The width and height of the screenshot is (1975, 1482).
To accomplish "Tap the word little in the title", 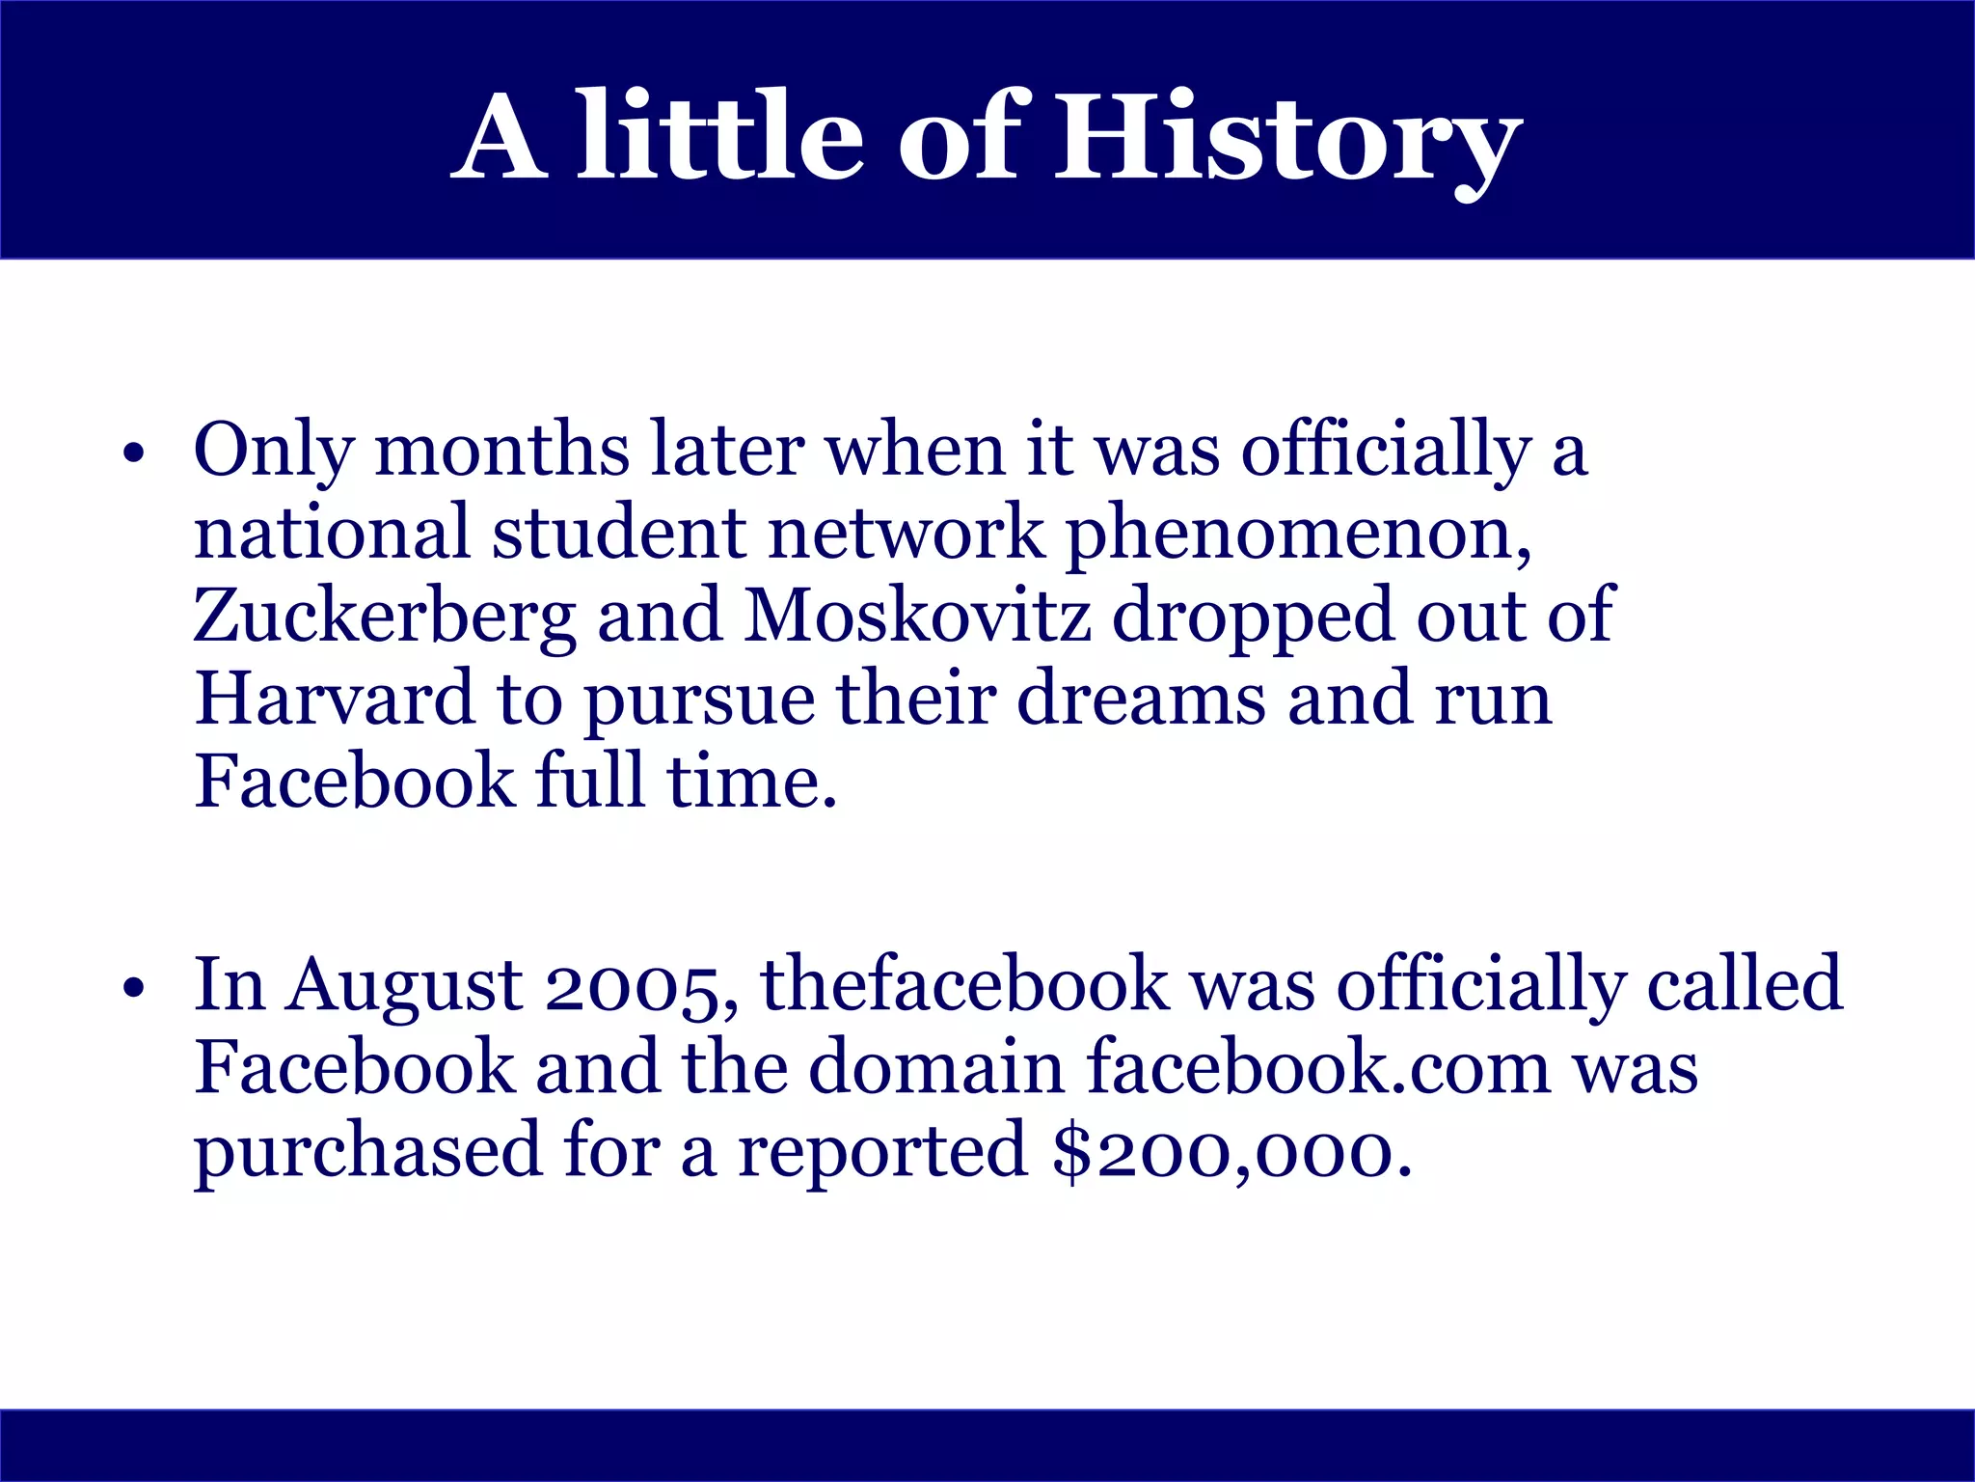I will [718, 137].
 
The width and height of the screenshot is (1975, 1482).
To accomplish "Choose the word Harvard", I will [334, 699].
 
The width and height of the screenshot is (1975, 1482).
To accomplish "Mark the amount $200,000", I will [1231, 1151].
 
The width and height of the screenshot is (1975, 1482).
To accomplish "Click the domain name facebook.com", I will [1317, 1068].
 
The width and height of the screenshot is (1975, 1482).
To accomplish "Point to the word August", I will [405, 986].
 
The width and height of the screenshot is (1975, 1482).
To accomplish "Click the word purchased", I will [367, 1151].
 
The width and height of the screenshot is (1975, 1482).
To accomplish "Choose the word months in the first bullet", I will [501, 451].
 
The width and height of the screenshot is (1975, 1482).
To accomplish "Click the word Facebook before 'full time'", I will [354, 782].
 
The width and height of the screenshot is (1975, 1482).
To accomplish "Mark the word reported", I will [882, 1151].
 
